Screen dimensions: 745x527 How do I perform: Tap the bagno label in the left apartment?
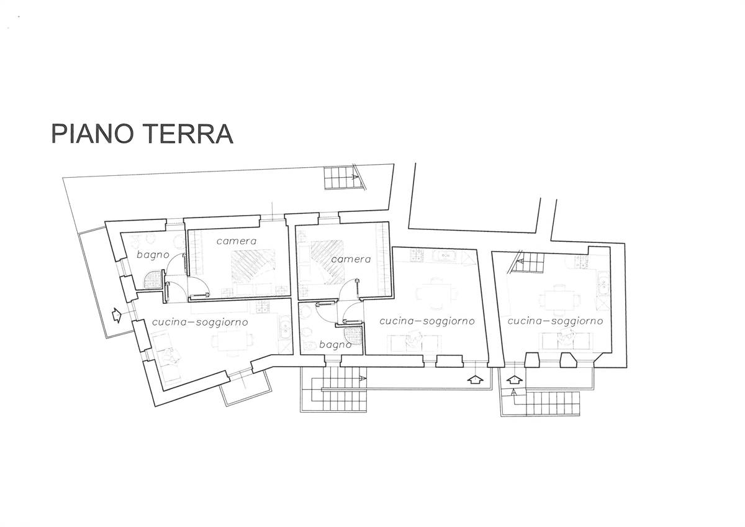point(153,255)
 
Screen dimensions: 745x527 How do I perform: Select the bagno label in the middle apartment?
point(335,345)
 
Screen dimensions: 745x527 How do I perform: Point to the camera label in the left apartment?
point(237,241)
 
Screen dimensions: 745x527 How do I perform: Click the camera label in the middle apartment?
point(351,259)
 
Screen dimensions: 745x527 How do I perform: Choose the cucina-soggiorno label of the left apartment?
point(200,323)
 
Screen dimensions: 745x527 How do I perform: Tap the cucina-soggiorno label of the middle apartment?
point(427,321)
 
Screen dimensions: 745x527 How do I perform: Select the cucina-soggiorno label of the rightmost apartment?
point(556,321)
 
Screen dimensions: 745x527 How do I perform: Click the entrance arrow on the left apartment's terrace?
point(117,315)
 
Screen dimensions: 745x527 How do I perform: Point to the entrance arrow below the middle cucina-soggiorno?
point(476,380)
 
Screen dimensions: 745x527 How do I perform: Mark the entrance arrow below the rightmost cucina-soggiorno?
point(514,379)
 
